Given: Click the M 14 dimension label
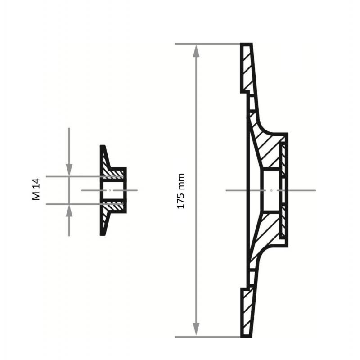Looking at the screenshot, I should click(36, 189).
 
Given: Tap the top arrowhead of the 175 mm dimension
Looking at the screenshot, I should click(196, 51).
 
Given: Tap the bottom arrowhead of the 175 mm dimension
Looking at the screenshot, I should click(196, 329).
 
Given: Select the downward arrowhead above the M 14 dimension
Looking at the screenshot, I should click(69, 169).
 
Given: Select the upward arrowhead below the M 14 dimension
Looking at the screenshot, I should click(69, 211).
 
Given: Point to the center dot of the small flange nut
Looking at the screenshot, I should click(109, 190).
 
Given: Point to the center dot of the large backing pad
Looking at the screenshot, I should click(272, 190).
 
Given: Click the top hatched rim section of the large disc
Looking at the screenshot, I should click(247, 67).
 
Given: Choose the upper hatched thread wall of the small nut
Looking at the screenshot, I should click(114, 172).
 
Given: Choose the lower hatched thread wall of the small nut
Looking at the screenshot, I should click(114, 207).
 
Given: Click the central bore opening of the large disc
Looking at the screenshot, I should click(270, 190).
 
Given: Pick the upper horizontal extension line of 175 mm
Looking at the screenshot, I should click(207, 44).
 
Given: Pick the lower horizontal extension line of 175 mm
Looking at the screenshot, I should click(207, 337).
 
